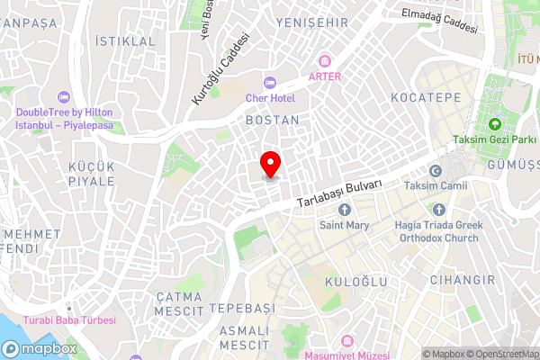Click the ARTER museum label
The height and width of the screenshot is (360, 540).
325,76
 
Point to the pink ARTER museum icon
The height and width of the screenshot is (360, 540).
325,61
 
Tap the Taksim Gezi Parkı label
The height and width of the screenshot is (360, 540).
495,139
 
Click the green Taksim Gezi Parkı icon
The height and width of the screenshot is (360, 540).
495,124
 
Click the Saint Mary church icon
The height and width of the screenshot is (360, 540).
344,210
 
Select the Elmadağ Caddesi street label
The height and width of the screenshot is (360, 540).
440,20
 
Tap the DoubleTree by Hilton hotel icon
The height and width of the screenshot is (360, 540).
62,96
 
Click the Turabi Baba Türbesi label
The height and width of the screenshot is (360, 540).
70,320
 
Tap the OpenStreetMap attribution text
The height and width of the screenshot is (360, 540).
499,353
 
